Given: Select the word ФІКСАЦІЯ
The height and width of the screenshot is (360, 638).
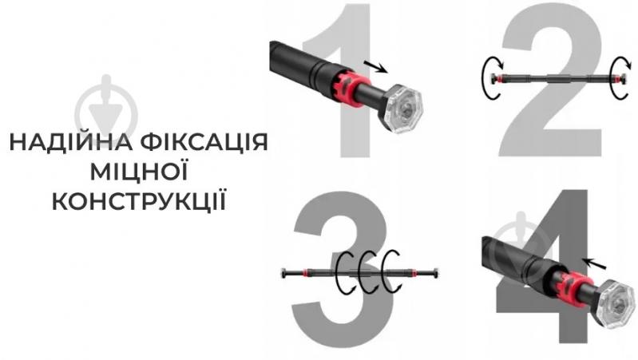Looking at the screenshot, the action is point(204,141).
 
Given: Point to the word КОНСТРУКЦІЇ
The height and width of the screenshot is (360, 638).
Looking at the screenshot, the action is point(139,201).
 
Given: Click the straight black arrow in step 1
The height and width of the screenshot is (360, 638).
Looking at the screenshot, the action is point(375,67).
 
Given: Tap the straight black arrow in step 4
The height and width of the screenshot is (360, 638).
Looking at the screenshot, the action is point(594,263).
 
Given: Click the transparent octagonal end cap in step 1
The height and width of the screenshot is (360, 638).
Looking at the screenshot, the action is point(402,109).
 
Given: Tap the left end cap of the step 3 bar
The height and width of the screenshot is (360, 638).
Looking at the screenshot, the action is point(284,273).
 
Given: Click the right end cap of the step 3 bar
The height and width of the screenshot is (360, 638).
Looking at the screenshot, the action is point(436,272).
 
